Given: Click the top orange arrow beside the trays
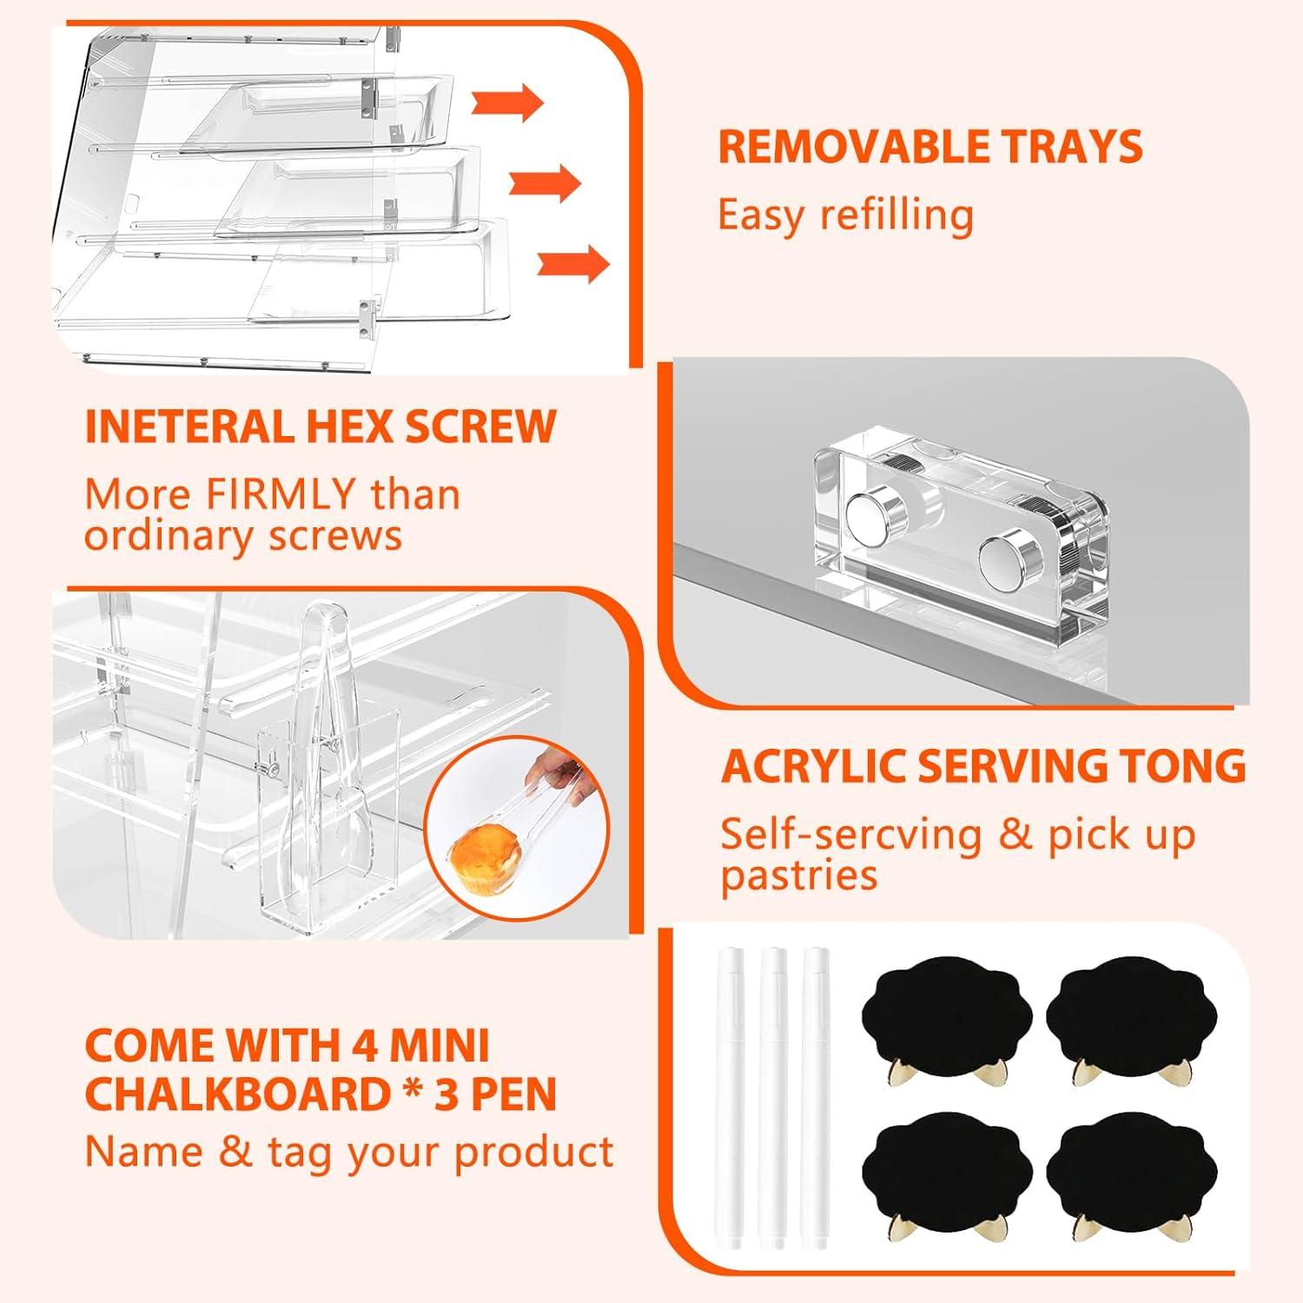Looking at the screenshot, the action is click(508, 103).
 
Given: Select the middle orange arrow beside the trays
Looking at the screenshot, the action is click(545, 182).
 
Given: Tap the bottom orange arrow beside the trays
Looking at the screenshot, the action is click(574, 263).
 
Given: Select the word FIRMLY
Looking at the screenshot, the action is click(280, 494).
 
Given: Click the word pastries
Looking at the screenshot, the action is click(799, 876).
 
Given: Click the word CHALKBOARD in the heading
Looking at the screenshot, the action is click(236, 1095).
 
